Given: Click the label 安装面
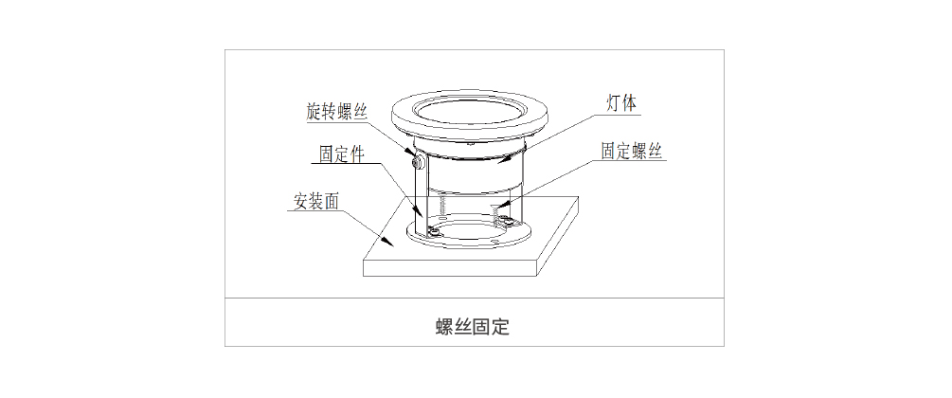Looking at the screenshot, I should point(315,203).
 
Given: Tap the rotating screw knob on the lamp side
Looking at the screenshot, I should point(417,160).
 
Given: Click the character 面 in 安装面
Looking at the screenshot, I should point(332,203).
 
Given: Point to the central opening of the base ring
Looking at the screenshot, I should point(470,230).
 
